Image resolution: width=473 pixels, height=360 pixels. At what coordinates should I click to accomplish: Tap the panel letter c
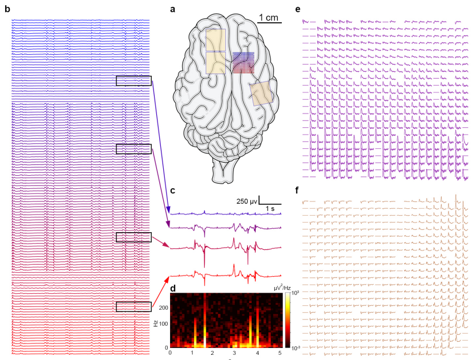pos(173,191)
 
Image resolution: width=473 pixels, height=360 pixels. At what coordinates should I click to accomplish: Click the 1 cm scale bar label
pos(269,17)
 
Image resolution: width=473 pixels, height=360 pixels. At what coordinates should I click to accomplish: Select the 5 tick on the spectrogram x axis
pos(280,353)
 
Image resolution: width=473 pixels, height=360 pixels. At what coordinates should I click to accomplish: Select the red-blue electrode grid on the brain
pos(243,63)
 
